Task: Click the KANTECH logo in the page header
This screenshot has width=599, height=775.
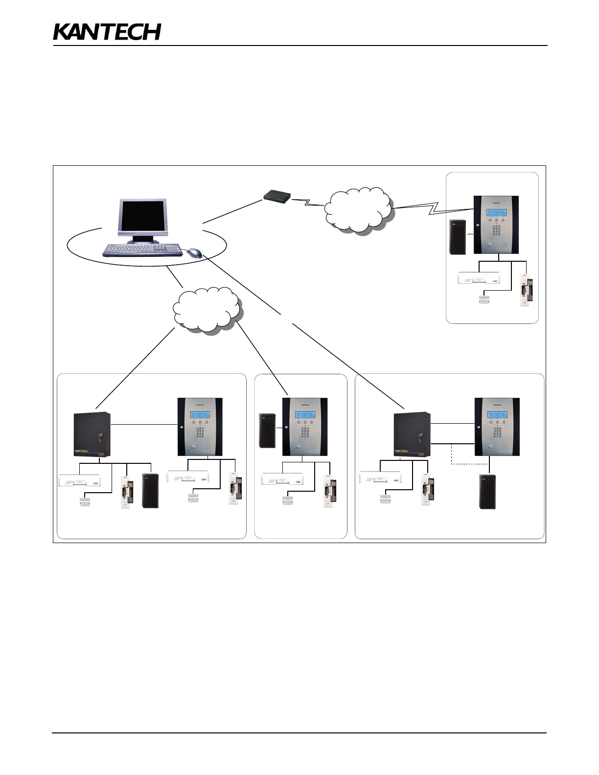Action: (x=107, y=32)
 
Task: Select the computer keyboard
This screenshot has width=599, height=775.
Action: (x=142, y=250)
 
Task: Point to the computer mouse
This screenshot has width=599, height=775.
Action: (x=194, y=252)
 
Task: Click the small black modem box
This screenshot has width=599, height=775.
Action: (x=277, y=197)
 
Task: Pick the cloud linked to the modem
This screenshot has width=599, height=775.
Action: (x=359, y=209)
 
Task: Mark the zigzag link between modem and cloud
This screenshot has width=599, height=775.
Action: (x=308, y=202)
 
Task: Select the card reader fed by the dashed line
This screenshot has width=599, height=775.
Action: (x=487, y=492)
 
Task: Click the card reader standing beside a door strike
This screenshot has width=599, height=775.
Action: (x=150, y=490)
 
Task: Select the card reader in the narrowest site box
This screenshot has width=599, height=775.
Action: (x=267, y=431)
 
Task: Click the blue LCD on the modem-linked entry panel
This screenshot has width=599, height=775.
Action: (x=496, y=213)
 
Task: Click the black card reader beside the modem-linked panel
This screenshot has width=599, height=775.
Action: (x=458, y=237)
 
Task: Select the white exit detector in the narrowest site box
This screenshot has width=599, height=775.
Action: (x=282, y=479)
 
